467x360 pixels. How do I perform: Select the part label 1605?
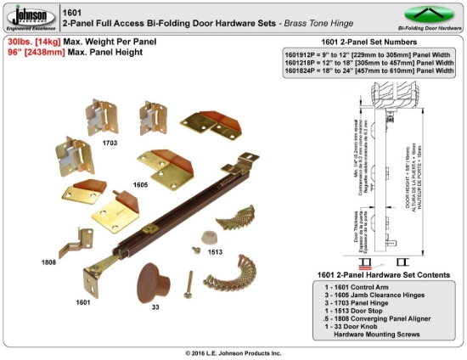click(x=141, y=183)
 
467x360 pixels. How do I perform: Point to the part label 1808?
click(x=48, y=262)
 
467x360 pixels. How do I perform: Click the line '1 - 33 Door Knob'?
click(x=349, y=327)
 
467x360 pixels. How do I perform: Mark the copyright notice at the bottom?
click(x=233, y=352)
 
